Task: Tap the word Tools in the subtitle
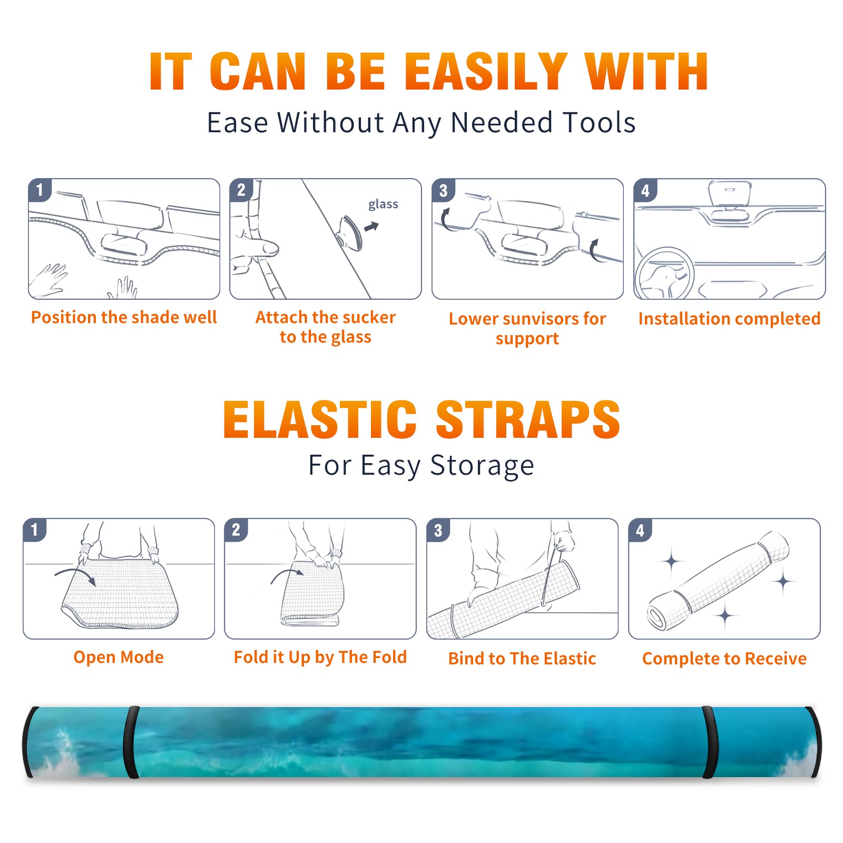click(x=599, y=122)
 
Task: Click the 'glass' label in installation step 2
click(x=383, y=204)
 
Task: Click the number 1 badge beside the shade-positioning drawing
click(x=40, y=190)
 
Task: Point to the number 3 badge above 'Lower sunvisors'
click(x=443, y=190)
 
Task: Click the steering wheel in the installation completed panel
click(x=664, y=274)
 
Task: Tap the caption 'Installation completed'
click(x=729, y=318)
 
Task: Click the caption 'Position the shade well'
click(x=124, y=317)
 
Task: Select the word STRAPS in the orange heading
click(x=528, y=419)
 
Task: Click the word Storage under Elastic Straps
click(x=482, y=466)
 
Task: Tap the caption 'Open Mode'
click(x=119, y=657)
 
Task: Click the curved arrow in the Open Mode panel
click(x=76, y=573)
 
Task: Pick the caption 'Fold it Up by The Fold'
click(x=320, y=657)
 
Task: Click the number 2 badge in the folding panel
click(x=236, y=530)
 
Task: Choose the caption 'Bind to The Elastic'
click(x=522, y=658)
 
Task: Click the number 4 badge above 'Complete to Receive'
click(x=640, y=530)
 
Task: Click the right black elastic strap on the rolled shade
click(x=710, y=742)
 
